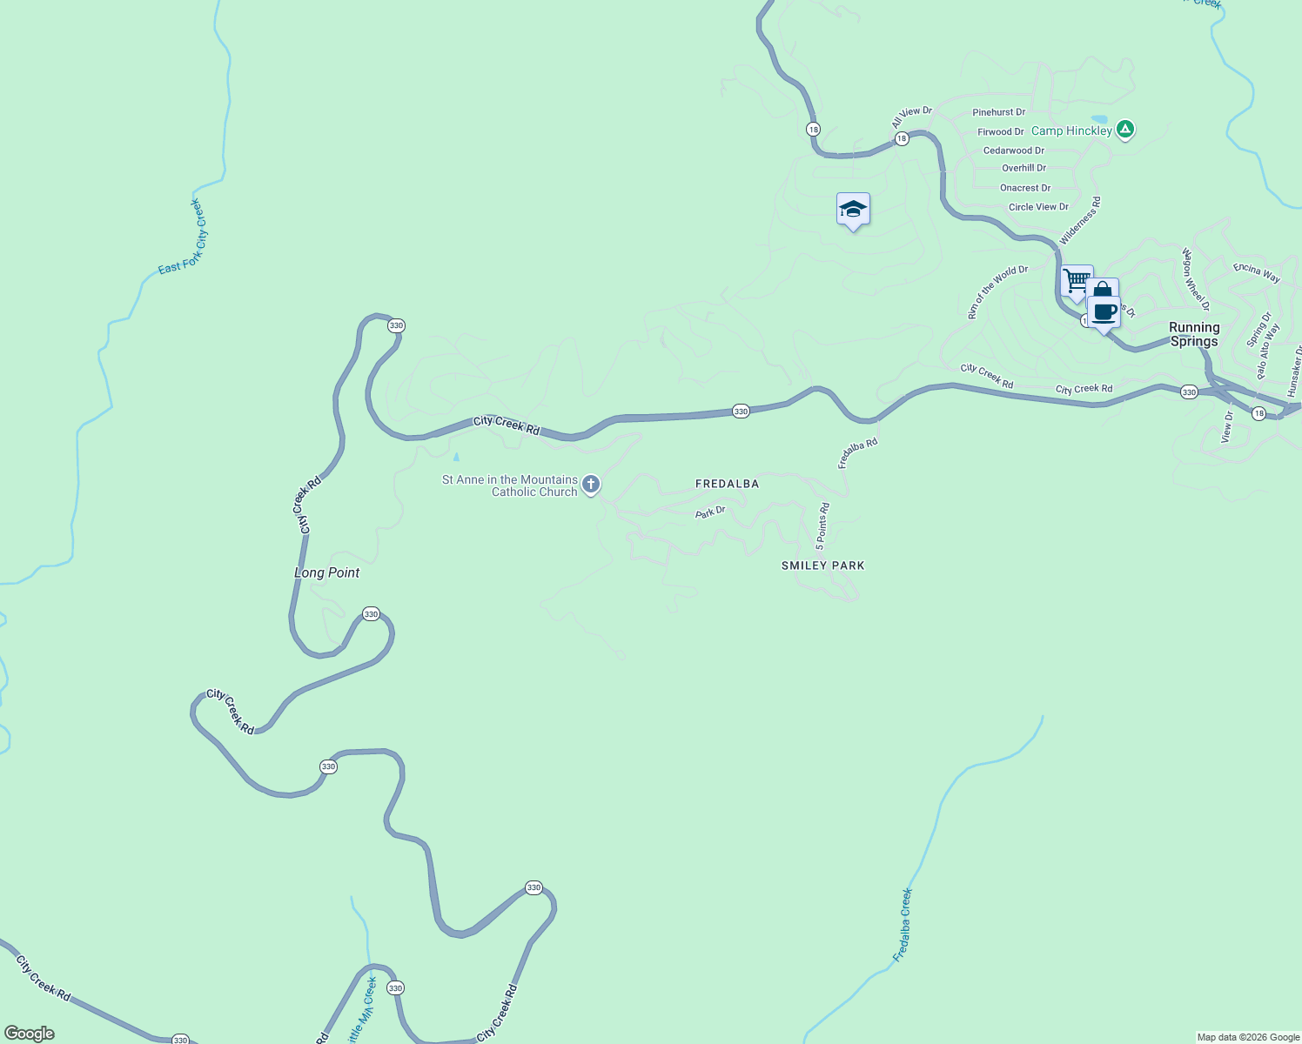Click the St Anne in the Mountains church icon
point(591,485)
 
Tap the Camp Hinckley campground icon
point(1125,130)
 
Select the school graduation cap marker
point(853,210)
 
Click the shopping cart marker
point(1077,281)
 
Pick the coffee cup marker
point(1104,312)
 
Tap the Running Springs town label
point(1194,334)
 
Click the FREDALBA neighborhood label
point(728,484)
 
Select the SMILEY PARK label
point(823,565)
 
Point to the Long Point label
point(327,572)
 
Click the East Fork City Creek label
point(182,238)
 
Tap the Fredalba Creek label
point(903,924)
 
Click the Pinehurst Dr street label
point(998,112)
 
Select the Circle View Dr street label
point(1038,207)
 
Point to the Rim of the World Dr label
point(997,292)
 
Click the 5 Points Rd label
point(822,526)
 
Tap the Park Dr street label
point(710,512)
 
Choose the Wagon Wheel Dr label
point(1195,279)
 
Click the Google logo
point(30,1034)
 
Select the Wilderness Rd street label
point(1080,220)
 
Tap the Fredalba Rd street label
point(857,453)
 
